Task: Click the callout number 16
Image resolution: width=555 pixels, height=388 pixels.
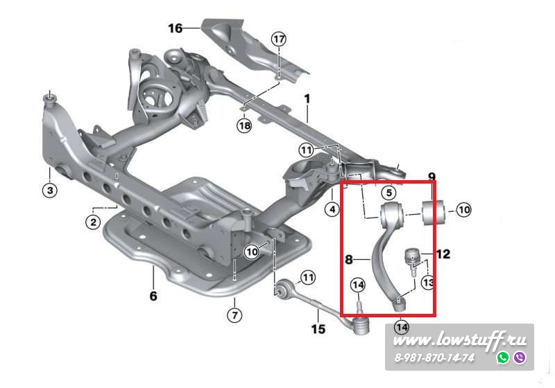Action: pos(176,28)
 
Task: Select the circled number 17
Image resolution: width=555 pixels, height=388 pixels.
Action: pos(278,39)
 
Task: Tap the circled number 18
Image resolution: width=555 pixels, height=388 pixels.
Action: pos(244,125)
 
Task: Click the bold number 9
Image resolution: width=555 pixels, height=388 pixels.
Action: pos(431,177)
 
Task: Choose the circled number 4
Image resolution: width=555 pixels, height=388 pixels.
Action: pos(332,209)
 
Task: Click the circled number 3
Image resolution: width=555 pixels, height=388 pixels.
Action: pos(50,190)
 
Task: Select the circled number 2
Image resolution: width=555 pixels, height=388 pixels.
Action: pos(92,222)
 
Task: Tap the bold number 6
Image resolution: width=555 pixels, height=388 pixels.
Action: pos(153,297)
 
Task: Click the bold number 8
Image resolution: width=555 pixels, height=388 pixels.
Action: pos(350,261)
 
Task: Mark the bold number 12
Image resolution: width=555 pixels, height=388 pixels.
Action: pos(443,254)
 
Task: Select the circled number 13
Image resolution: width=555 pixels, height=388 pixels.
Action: pos(427,282)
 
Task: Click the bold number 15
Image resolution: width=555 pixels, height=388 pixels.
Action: pos(318,329)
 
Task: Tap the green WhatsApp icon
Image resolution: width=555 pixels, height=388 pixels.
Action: pos(503,358)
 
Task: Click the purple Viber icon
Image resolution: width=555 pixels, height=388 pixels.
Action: pos(519,358)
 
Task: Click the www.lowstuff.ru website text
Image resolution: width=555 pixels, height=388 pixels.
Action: pos(460,339)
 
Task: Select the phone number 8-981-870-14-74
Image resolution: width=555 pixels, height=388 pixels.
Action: pos(434,358)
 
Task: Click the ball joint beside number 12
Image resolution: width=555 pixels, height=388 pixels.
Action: pos(413,257)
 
